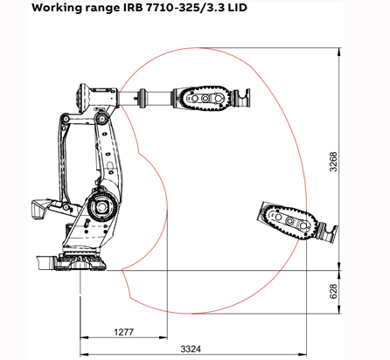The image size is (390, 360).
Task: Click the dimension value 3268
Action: [x=332, y=163]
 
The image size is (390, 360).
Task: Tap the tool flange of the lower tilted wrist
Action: [x=328, y=233]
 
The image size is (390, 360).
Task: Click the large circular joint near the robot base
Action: [x=99, y=209]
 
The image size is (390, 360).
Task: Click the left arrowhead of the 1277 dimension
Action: [x=83, y=339]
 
